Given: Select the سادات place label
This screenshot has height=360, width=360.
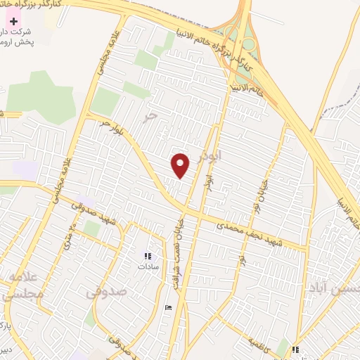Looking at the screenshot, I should (x=148, y=267).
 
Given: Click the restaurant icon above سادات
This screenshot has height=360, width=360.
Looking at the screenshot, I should (x=148, y=257).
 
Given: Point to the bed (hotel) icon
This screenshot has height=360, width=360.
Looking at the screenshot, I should (x=167, y=308).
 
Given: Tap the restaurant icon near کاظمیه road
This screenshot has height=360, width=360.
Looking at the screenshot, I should (x=296, y=349).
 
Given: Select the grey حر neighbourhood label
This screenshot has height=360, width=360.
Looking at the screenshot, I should (x=147, y=116).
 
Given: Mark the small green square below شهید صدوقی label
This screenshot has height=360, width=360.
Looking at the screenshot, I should (x=91, y=228).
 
